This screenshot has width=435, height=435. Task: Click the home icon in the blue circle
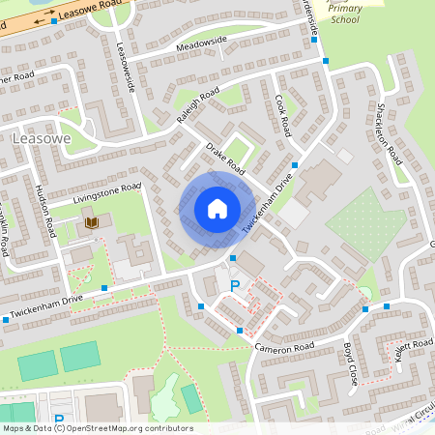pos(217,208)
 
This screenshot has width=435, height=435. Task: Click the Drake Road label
pos(223,159)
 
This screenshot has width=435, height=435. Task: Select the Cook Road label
pos(282,115)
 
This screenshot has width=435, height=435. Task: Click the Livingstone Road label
pos(106,191)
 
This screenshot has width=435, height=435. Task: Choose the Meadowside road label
pos(202,42)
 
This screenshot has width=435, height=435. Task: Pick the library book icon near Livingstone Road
pos(91,223)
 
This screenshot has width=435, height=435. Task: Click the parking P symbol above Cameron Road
pos(235,286)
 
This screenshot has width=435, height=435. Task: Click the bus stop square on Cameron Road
pos(240,331)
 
